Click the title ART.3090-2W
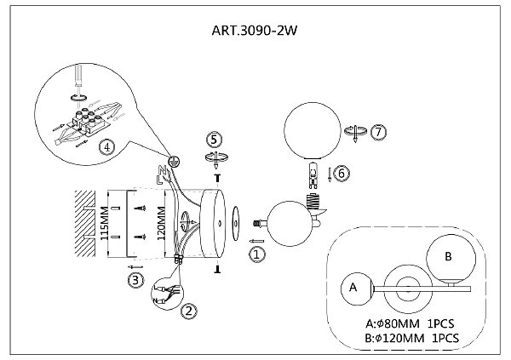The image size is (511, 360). [x=254, y=31]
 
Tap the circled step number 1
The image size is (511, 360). [x=257, y=254]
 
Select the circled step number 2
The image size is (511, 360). [x=189, y=311]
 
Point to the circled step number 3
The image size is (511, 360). [x=135, y=280]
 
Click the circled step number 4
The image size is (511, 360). [x=107, y=147]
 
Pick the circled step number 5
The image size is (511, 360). [x=214, y=140]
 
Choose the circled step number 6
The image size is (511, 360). [x=342, y=173]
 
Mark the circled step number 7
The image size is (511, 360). [x=378, y=132]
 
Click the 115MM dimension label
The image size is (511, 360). [x=104, y=223]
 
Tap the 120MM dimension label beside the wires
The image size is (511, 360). [x=161, y=223]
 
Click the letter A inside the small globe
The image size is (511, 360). [x=353, y=288]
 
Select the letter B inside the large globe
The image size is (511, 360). [x=449, y=256]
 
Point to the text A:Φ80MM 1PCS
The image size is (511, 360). [x=410, y=324]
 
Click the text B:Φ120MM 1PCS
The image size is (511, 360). [x=412, y=338]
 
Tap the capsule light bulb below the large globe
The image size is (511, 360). [x=313, y=175]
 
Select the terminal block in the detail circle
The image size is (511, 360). [x=88, y=121]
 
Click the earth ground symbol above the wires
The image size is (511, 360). [x=174, y=161]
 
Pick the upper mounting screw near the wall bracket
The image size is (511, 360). [x=141, y=208]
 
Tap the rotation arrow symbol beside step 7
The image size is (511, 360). [x=355, y=132]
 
